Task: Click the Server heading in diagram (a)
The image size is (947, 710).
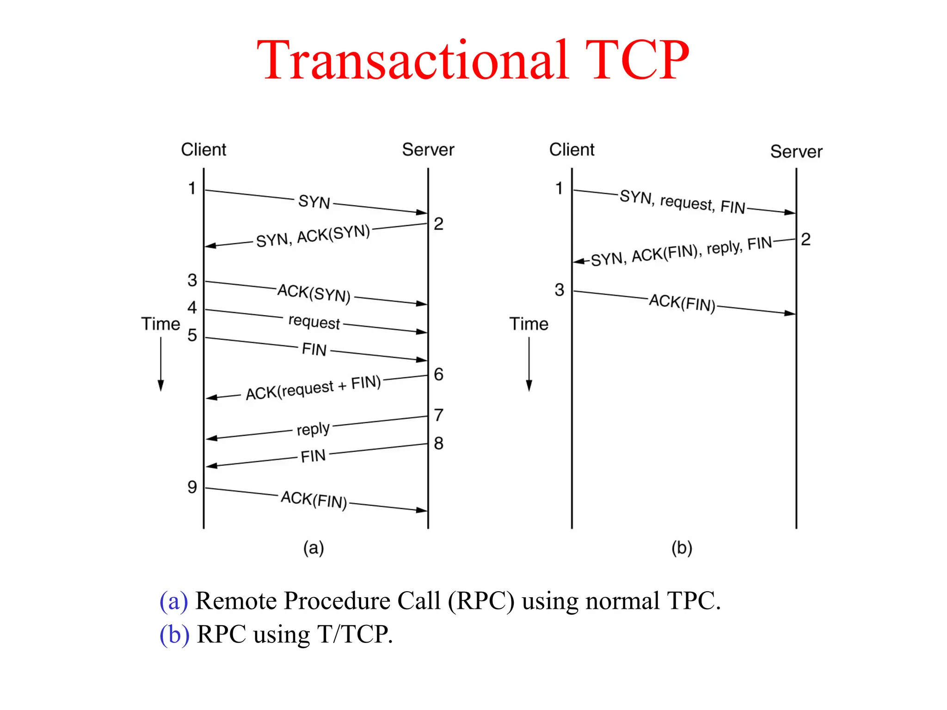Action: point(428,150)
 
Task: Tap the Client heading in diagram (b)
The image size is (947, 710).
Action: point(572,150)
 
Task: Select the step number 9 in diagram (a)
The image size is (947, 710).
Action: point(192,487)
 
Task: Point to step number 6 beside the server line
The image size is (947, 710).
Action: point(438,374)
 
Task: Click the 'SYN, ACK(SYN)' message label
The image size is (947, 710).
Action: point(313,236)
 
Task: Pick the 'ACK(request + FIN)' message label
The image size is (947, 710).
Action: point(313,388)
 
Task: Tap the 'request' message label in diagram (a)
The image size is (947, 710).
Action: point(314,322)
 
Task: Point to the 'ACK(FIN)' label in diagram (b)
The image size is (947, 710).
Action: point(682,303)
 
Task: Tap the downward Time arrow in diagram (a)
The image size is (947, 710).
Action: point(161,365)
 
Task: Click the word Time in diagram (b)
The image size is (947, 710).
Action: point(529,324)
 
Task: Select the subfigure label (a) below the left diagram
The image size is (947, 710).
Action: point(314,548)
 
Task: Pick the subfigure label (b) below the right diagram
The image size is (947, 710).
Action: point(682,548)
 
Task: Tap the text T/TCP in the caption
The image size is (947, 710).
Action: point(354,634)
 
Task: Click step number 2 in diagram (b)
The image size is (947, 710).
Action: point(806,239)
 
